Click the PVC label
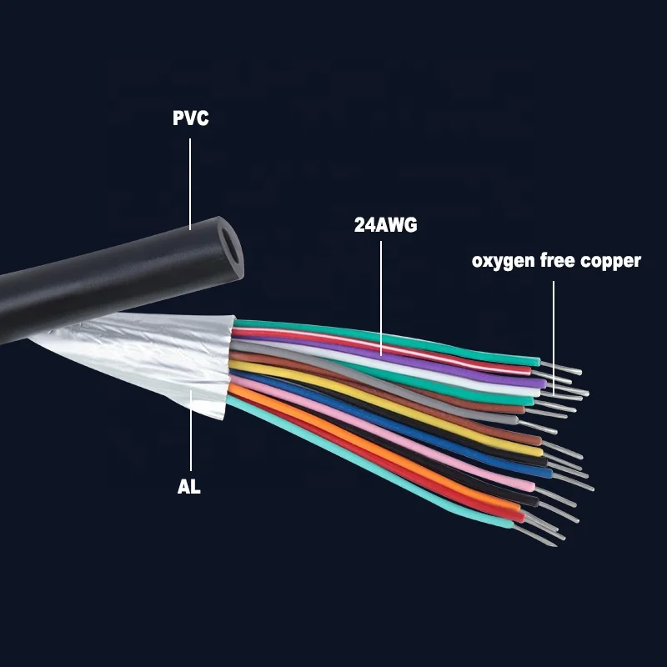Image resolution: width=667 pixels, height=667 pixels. [x=190, y=118]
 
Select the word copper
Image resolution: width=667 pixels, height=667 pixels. [x=610, y=261]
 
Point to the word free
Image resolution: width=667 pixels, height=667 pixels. [x=559, y=261]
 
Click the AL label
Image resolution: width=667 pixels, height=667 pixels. [x=189, y=486]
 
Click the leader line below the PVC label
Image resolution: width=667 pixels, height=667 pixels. [x=190, y=183]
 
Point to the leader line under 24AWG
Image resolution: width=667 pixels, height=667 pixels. [x=381, y=292]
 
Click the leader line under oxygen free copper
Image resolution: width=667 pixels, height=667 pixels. [x=553, y=333]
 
